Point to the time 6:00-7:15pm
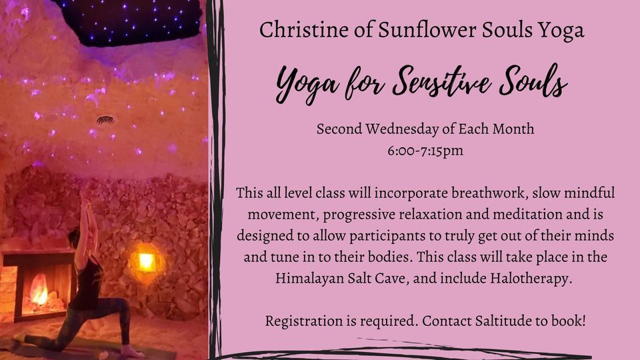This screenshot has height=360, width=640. point(425,151)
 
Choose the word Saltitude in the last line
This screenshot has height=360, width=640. point(496,321)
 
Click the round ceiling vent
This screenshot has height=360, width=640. point(105,121)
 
